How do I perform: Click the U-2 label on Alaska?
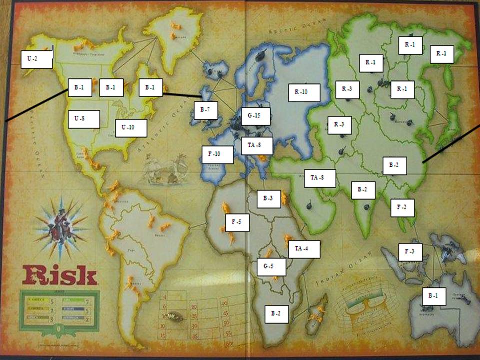[37, 59]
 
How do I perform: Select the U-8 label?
[83, 119]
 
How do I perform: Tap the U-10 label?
[130, 128]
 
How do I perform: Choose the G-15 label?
[255, 116]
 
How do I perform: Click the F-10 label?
[217, 154]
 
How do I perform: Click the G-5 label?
[271, 266]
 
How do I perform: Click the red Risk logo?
[58, 275]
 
